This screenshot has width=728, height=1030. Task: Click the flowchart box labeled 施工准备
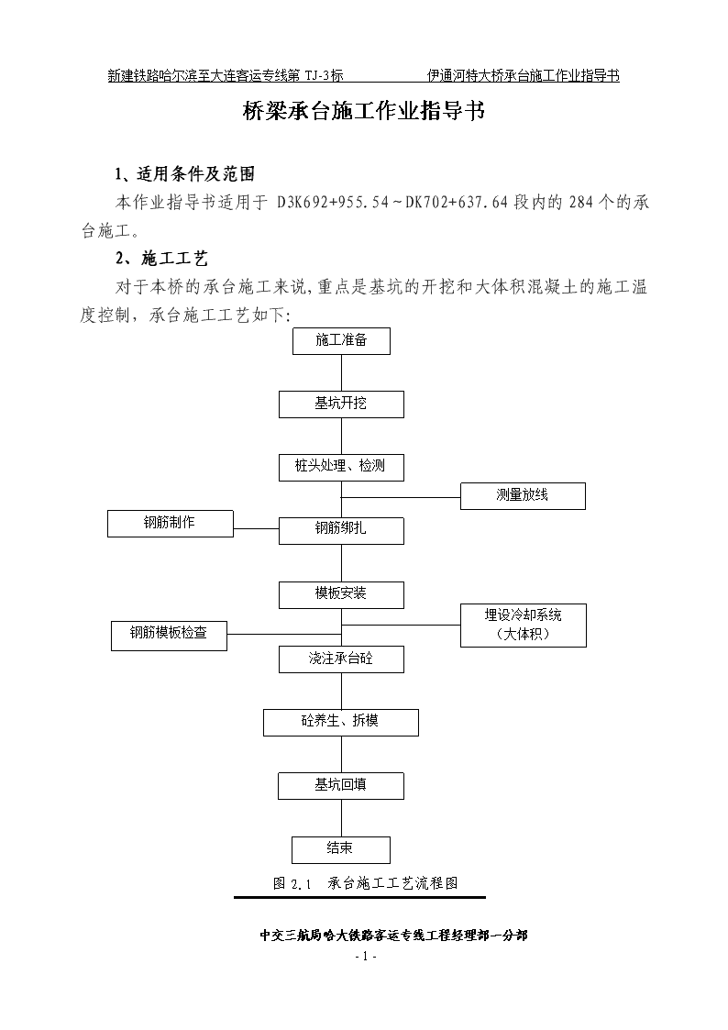coord(341,341)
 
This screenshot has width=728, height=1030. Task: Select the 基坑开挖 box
coord(341,404)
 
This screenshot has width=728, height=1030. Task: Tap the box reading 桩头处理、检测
coord(341,467)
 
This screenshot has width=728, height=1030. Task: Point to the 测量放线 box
coord(523,496)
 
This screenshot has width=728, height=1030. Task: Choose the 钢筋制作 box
coord(171,524)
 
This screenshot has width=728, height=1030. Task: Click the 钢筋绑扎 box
coord(341,531)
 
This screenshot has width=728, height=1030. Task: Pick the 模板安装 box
coord(341,595)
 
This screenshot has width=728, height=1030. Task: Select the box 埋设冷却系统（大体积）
coord(524,626)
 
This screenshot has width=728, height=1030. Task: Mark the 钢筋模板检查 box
coord(169,636)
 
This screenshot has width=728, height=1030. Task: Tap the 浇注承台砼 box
coord(341,659)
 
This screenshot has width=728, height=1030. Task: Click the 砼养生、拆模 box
coord(341,723)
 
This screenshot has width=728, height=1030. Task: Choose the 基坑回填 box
coord(341,786)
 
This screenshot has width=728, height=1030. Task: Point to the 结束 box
coord(341,850)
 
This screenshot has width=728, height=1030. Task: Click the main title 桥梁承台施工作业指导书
coord(364,111)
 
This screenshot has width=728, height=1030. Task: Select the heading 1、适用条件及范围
coord(185,174)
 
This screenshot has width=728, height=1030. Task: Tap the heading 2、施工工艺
coord(162,259)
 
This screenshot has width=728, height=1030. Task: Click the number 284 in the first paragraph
coord(581,203)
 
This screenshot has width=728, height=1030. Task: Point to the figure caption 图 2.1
coord(292,883)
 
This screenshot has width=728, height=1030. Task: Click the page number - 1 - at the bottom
coord(365,957)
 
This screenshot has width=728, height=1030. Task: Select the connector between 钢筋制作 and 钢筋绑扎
coord(256,528)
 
